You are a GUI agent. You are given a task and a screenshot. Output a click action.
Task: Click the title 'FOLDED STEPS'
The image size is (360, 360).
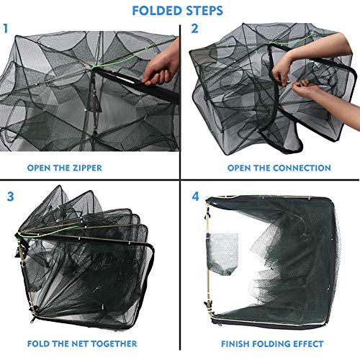pyautogui.click(x=180, y=11)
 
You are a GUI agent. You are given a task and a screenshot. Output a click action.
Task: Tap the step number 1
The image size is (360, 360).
pyautogui.click(x=6, y=30)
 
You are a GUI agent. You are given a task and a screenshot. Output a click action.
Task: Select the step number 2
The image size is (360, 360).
pyautogui.click(x=194, y=30)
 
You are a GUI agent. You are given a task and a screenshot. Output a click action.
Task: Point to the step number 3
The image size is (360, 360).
pyautogui.click(x=10, y=196)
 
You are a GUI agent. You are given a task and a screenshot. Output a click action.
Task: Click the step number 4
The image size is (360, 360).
pyautogui.click(x=195, y=196)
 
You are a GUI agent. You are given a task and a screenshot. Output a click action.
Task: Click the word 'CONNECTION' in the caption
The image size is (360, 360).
pyautogui.click(x=299, y=168)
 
